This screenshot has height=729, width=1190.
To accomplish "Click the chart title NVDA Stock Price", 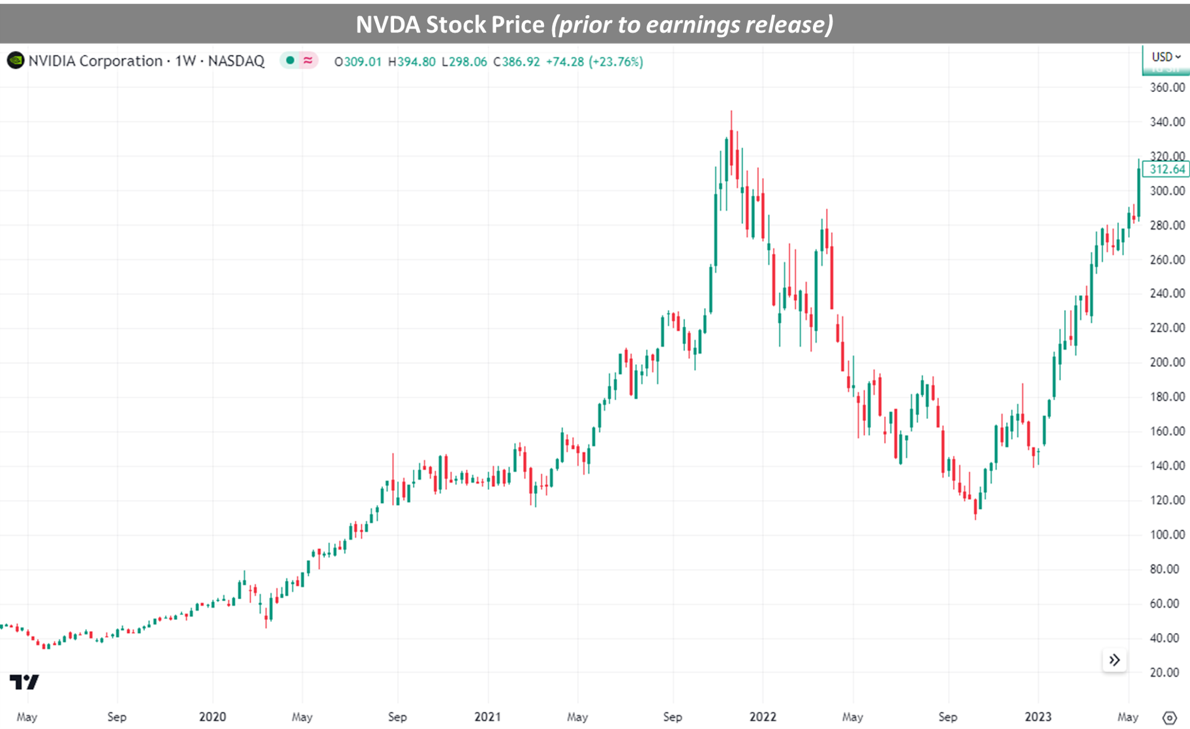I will point(594,24).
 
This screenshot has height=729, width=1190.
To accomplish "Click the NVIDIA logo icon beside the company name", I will point(15,61).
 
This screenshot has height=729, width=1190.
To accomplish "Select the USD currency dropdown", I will point(1165,57).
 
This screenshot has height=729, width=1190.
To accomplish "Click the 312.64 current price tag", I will point(1166,170).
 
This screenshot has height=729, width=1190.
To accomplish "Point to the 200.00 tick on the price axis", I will point(1167,362).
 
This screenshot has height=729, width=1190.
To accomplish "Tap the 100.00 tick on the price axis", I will point(1167,535).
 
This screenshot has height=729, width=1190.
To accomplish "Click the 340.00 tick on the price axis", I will point(1167,122).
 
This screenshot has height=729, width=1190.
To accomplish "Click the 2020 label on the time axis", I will point(212,717).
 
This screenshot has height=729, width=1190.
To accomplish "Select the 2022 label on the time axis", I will point(763,717).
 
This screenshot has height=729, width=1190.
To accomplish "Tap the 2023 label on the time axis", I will point(1038,717).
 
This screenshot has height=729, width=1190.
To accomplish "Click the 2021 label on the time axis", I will point(487,717).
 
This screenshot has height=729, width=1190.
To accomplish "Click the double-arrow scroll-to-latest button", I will point(1114,660).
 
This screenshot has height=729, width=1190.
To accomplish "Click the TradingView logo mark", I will point(24,682).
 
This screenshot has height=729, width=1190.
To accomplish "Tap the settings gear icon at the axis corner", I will point(1169,717).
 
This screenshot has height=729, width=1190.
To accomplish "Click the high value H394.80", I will point(412,61).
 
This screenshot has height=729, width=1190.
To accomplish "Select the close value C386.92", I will point(517,61).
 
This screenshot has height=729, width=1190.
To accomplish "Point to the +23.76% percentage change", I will point(615,61).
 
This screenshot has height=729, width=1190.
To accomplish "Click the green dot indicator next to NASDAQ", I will point(290,60).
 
